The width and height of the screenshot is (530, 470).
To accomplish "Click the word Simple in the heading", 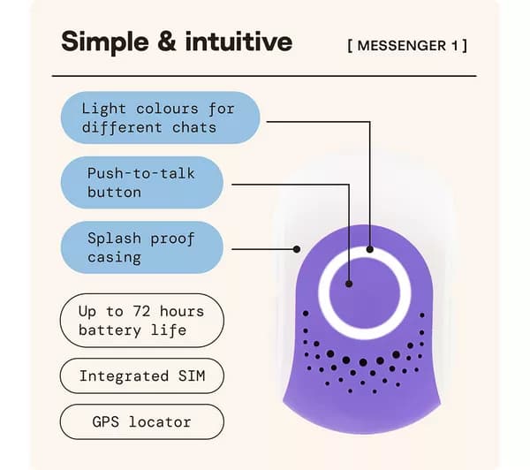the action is click(x=105, y=42).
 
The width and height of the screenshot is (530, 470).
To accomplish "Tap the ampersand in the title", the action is click(x=167, y=42).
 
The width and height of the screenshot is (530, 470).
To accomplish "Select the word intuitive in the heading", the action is click(x=238, y=42).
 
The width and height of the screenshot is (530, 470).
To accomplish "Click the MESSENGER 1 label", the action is click(x=407, y=46).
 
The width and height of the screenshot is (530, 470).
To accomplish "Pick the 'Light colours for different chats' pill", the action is click(x=160, y=117).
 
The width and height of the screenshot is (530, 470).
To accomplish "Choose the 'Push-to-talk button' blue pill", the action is click(x=142, y=183).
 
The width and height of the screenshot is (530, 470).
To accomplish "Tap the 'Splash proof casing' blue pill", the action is click(x=142, y=247).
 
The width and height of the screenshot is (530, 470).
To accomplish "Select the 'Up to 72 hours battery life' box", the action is click(x=142, y=321).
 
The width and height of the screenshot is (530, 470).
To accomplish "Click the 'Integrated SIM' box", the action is click(x=142, y=376).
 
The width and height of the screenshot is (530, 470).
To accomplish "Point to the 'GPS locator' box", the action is click(x=142, y=422).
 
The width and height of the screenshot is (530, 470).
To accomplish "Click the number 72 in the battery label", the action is click(x=141, y=311).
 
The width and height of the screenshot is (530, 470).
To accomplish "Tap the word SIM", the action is click(x=192, y=376).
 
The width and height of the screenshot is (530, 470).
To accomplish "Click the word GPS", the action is click(x=105, y=422).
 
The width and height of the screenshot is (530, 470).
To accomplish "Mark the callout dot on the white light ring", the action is click(x=370, y=249).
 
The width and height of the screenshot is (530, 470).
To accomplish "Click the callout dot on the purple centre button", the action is click(x=349, y=284).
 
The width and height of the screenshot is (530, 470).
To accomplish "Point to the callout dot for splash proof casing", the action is click(x=297, y=249).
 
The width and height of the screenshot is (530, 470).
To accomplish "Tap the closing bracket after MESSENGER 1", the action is click(x=465, y=46).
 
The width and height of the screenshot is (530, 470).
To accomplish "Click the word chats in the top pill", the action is click(x=194, y=128).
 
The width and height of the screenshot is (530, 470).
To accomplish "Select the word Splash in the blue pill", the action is click(x=114, y=239).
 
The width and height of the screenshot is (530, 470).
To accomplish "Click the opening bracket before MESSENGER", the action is click(x=350, y=46).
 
